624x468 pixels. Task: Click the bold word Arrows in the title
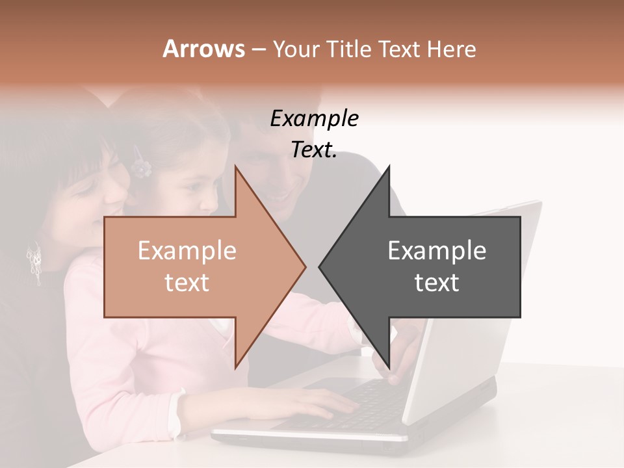203,49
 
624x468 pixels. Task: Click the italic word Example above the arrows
314,118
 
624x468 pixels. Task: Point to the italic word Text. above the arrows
314,149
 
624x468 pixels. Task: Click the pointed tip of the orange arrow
305,266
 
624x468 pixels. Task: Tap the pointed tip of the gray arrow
319,266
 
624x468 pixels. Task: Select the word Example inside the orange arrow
187,251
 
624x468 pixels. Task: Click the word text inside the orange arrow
187,283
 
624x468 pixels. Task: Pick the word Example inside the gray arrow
437,251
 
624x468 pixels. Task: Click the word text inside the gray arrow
437,283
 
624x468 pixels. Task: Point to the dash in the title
258,49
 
